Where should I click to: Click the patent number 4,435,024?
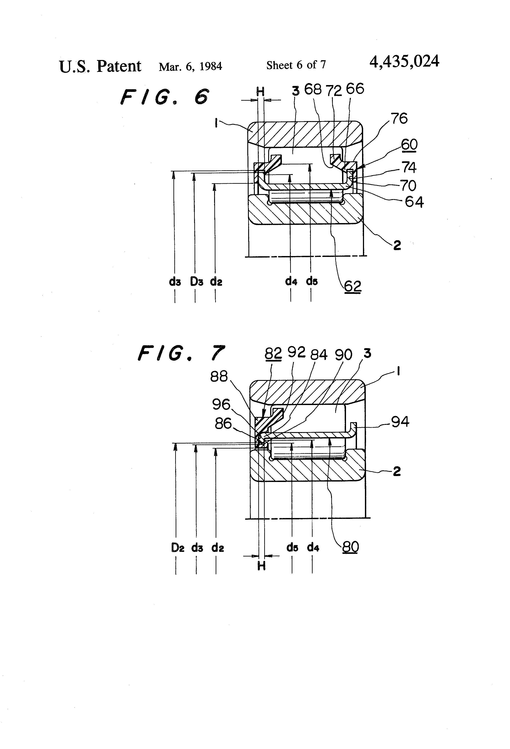pos(404,61)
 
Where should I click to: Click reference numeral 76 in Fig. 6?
pos(399,119)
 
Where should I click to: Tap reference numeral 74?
pos(409,167)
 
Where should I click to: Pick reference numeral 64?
pos(414,202)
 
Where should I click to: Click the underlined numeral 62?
pos(352,286)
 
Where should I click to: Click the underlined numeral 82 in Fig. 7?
pos(273,354)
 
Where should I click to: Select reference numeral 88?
pos(219,376)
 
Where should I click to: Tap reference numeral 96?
pos(221,404)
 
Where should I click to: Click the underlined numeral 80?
pos(350,547)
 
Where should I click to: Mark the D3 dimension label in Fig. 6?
pos(196,282)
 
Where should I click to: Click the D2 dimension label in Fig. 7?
pos(178,547)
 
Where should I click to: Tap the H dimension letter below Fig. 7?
pos(261,566)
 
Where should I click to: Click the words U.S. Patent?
pos(100,66)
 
